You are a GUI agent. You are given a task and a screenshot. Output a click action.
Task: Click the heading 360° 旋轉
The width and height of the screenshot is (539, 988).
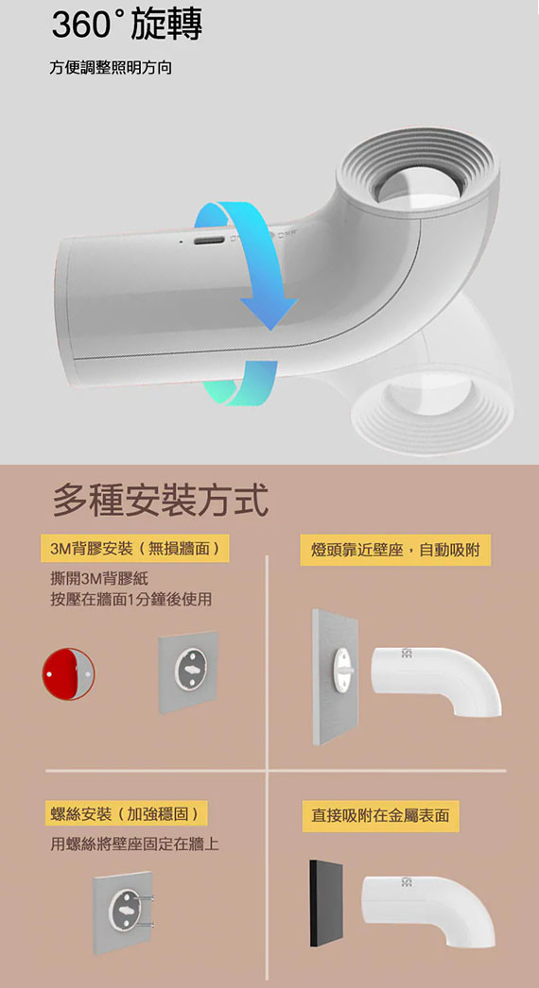(127, 26)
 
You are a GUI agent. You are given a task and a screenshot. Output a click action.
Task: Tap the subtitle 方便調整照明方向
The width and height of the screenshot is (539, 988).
(111, 67)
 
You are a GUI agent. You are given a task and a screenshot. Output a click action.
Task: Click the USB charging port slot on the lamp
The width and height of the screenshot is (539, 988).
(210, 241)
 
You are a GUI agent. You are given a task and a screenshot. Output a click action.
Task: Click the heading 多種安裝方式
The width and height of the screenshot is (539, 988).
(161, 500)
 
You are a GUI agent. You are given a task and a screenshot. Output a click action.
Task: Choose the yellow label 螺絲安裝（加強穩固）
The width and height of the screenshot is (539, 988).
(125, 814)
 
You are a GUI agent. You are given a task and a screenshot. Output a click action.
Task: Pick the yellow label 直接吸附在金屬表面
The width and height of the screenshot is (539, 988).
(380, 816)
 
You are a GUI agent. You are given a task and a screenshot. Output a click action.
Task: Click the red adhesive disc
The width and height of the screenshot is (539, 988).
(68, 673)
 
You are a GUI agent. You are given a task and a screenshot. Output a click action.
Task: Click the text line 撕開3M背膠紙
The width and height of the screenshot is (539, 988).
(99, 578)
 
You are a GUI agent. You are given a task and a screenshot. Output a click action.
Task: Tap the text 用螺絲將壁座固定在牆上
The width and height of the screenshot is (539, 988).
(135, 843)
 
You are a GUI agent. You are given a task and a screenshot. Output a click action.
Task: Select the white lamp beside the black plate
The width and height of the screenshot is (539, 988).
(428, 905)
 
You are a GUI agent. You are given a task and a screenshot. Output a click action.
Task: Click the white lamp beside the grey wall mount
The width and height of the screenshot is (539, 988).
(437, 679)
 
